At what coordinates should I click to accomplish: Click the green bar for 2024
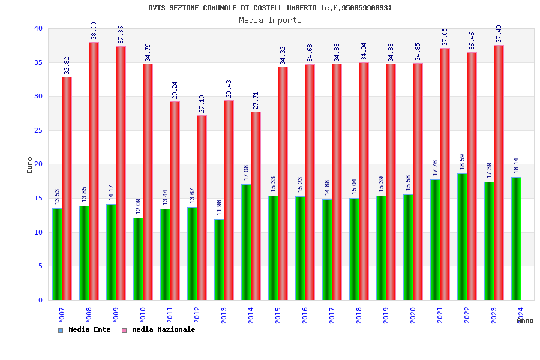516,239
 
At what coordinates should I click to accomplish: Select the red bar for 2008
94,171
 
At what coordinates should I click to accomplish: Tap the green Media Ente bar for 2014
246,242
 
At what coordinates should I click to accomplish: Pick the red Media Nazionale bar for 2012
202,208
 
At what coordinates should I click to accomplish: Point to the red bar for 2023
499,173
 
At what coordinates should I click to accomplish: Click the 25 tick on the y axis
38,130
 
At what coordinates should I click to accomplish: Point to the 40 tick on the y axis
38,28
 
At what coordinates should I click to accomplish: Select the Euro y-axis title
29,165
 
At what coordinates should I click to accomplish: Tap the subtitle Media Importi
270,20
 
